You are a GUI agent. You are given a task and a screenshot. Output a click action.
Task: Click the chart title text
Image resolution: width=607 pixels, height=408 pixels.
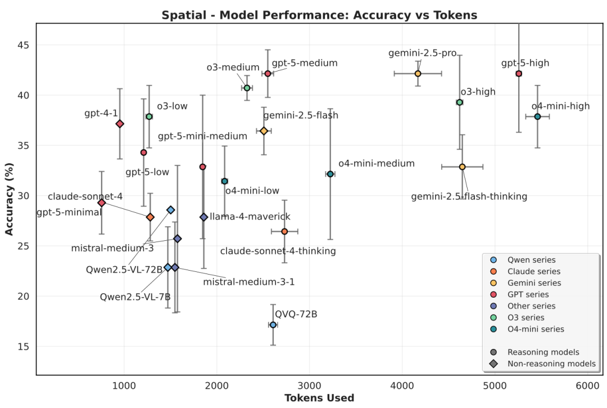[319, 15]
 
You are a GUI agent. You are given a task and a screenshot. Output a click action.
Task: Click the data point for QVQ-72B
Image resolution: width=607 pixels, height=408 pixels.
[273, 325]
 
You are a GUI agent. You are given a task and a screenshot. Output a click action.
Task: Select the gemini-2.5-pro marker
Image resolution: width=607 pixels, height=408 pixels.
[418, 74]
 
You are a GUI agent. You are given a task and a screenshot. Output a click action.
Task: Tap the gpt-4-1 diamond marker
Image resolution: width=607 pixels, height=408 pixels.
[120, 124]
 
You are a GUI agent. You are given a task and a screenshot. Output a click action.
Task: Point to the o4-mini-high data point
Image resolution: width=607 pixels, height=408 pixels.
[537, 116]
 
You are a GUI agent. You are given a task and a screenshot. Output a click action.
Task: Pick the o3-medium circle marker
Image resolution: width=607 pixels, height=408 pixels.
[247, 88]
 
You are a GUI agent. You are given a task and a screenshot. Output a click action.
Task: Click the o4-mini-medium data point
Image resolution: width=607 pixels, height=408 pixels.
[330, 174]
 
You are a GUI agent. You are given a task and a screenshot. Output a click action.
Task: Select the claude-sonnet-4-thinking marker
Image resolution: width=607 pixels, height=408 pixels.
[284, 231]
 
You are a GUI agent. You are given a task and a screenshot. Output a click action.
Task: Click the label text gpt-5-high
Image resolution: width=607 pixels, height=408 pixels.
[525, 63]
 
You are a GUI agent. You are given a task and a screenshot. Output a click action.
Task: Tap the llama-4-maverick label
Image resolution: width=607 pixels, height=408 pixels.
[250, 217]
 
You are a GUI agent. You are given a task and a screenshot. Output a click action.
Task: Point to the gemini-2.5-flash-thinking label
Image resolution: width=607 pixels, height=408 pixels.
[469, 196]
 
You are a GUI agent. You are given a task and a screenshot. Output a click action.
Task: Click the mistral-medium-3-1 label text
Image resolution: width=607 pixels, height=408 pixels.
[248, 281]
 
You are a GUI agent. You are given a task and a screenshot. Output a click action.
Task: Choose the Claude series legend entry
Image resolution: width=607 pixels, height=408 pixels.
[533, 271]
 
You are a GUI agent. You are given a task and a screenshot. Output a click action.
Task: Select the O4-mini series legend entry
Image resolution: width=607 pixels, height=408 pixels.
[535, 329]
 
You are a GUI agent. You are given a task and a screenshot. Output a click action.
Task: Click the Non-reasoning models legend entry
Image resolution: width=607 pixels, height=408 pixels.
[551, 364]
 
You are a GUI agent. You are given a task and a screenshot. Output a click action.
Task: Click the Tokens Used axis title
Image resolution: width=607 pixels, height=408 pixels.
[319, 398]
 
